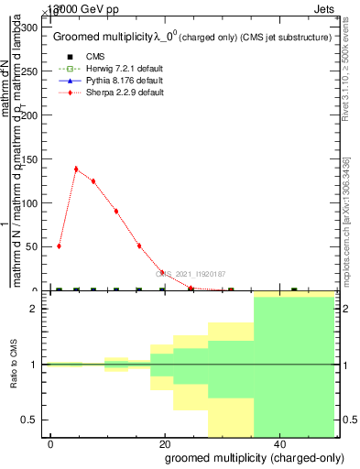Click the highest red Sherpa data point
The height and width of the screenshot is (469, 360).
coord(76,169)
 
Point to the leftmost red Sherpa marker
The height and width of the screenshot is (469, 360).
coord(59,245)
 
